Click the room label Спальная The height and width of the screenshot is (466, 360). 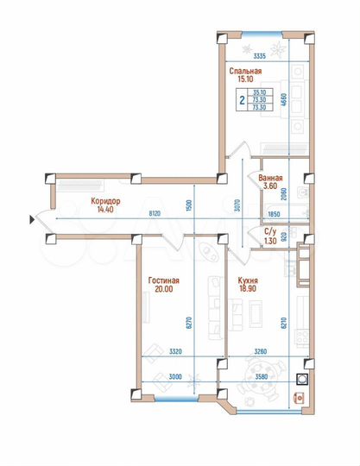click(x=245, y=71)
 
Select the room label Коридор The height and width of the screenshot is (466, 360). click(x=106, y=199)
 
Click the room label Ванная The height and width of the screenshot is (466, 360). click(x=271, y=178)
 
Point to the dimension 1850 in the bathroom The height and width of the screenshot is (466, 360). click(x=275, y=213)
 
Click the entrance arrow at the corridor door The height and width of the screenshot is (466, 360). click(x=32, y=220)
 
